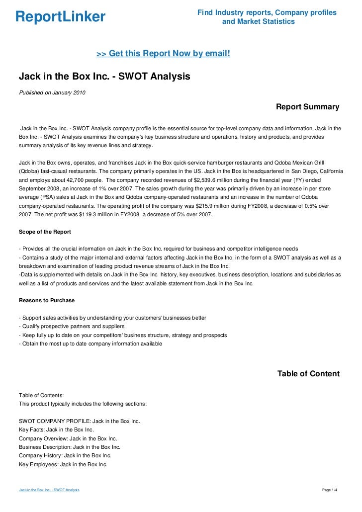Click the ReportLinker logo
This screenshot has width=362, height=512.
(61, 17)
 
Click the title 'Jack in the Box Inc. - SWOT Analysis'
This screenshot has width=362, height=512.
(104, 77)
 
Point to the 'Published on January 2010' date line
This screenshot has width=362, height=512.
(52, 92)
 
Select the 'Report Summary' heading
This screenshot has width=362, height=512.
(307, 107)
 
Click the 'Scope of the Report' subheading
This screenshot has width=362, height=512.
(45, 232)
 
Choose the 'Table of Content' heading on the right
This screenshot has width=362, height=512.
(308, 374)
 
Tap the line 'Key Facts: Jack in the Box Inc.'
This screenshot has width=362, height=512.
(56, 429)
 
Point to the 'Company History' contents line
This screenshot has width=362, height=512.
(65, 455)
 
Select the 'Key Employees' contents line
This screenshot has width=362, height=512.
(63, 464)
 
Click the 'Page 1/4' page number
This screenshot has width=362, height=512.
(330, 490)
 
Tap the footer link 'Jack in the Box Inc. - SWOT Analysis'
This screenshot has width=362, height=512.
(49, 490)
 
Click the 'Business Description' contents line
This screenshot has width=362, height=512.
(70, 447)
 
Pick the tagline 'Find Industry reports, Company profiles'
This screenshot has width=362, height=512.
(267, 12)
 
